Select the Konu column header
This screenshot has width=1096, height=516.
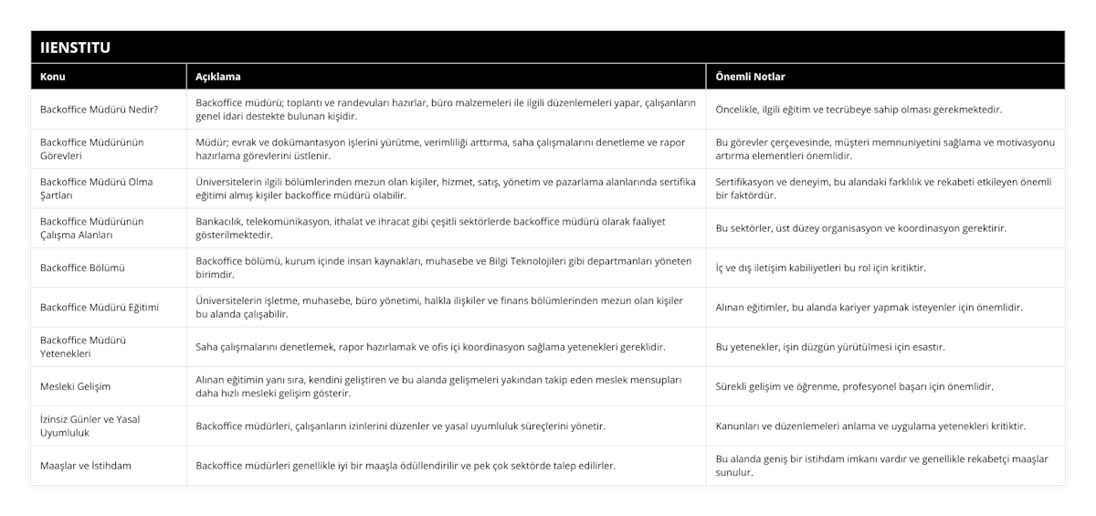point(53,77)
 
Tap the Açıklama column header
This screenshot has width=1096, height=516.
point(218,77)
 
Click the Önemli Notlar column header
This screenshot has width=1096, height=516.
point(750,77)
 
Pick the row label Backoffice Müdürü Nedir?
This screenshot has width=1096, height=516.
point(100,110)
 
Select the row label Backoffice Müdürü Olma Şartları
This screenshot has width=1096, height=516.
point(96,188)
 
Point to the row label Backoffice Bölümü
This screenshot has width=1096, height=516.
point(83,268)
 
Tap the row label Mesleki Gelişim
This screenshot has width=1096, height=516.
point(76,386)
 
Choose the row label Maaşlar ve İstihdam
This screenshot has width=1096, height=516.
point(86,466)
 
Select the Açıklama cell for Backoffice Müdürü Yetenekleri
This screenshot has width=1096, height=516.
point(430,347)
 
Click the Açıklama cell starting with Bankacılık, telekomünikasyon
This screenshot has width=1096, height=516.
point(425,228)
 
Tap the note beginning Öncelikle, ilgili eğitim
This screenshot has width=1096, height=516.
point(859,110)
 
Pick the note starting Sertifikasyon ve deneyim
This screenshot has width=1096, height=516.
point(884,188)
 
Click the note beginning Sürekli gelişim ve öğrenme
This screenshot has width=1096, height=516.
point(854,386)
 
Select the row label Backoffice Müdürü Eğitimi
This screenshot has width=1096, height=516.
point(100,307)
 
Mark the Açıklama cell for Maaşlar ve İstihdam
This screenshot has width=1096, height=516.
point(405,466)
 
